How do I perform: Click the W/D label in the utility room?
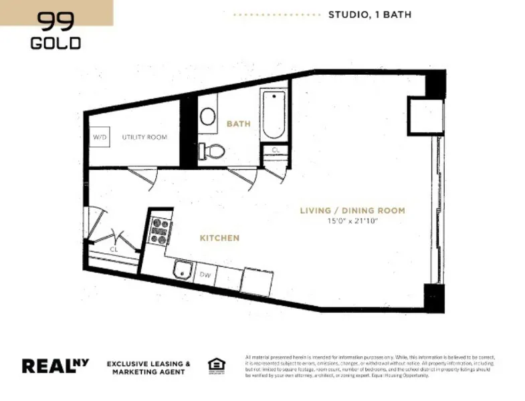click(x=99, y=137)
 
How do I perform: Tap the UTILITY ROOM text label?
click(x=144, y=137)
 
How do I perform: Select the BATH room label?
click(x=238, y=124)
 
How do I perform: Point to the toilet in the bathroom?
click(x=213, y=151)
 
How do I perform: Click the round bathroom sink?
click(x=208, y=117)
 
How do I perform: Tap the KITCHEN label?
click(x=219, y=238)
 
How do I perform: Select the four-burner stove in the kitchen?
click(x=160, y=231)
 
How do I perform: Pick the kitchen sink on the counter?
click(x=182, y=271)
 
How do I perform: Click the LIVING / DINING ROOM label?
click(x=352, y=211)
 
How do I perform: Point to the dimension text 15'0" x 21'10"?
click(x=352, y=221)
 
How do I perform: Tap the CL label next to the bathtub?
click(x=276, y=150)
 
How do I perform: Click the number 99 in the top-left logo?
click(x=56, y=22)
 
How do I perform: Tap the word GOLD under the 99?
click(x=56, y=43)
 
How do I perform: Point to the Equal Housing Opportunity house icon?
click(x=216, y=364)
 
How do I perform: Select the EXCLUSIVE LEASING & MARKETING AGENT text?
click(x=149, y=367)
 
